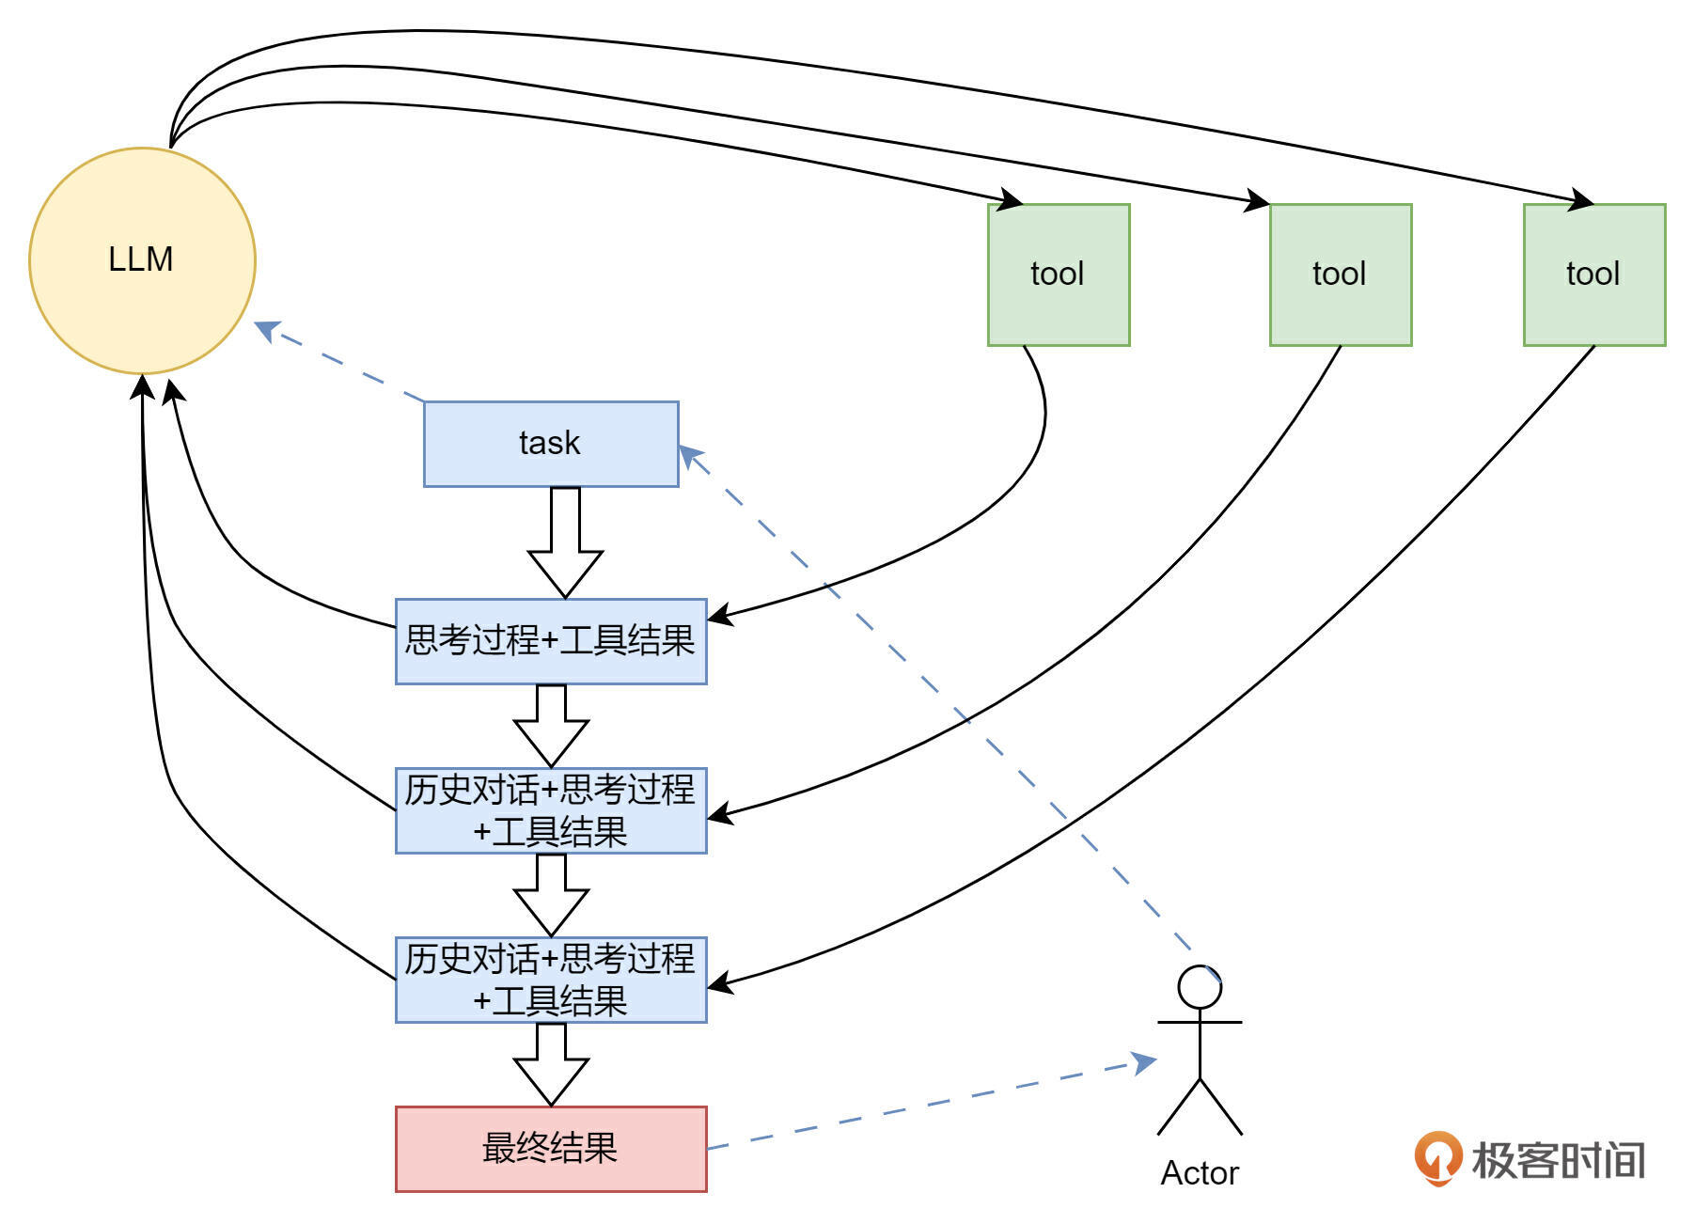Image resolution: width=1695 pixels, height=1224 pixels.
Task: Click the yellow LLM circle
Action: click(142, 260)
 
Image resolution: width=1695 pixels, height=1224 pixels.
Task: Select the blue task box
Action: click(550, 444)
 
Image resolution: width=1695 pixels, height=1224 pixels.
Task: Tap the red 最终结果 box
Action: click(550, 1148)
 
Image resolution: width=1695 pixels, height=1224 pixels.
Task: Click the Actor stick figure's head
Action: click(1200, 988)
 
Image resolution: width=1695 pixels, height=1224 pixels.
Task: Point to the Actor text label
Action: click(1200, 1173)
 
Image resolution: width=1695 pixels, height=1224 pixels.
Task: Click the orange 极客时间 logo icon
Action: click(1436, 1157)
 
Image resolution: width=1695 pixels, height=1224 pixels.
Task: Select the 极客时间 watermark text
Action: click(1558, 1160)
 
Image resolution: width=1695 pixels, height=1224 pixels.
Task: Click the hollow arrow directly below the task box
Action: click(565, 542)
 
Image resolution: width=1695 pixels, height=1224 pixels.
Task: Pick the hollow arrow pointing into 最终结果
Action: click(551, 1064)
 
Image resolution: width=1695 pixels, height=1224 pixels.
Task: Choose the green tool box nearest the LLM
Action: click(1058, 275)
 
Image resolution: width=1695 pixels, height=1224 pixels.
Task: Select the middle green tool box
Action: click(1340, 275)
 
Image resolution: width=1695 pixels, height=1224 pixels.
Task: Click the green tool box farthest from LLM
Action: click(1593, 275)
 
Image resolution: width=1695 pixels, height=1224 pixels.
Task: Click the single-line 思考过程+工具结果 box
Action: click(550, 641)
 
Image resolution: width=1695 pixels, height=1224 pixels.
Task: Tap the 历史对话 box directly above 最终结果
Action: click(550, 980)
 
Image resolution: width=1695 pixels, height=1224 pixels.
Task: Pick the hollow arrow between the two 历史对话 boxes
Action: click(551, 895)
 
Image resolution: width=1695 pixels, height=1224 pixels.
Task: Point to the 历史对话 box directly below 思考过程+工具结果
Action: click(550, 810)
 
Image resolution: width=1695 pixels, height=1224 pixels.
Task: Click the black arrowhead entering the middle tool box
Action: click(1258, 201)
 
